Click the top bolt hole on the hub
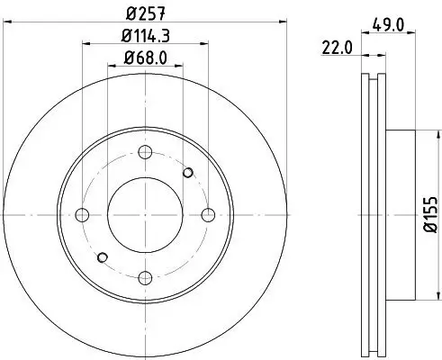(145, 151)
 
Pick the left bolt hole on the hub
(82, 214)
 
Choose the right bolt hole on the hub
(208, 214)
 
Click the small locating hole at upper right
(188, 172)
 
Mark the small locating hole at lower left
(102, 257)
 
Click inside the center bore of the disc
(145, 214)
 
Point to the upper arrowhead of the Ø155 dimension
(417, 133)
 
